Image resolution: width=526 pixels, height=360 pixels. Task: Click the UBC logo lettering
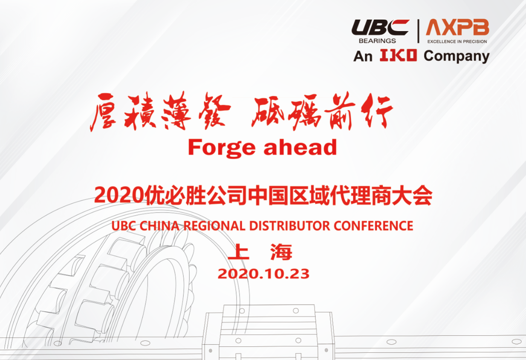(380, 28)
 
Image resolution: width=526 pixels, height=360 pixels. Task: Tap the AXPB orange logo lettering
(457, 27)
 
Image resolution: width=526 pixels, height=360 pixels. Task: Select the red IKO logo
(398, 55)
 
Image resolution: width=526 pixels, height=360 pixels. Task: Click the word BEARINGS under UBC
(377, 41)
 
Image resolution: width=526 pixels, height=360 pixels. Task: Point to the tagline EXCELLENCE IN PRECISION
(457, 42)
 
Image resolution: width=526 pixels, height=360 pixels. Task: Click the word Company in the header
(457, 56)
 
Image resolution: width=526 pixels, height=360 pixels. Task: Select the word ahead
(301, 147)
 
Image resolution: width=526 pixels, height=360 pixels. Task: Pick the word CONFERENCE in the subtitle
(373, 226)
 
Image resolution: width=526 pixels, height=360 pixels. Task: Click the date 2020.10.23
(263, 274)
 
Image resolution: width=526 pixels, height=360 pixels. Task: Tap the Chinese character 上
(239, 252)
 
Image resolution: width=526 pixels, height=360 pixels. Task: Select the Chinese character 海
(281, 252)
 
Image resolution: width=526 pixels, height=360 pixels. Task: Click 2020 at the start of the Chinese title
(119, 195)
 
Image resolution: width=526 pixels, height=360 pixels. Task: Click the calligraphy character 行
(377, 110)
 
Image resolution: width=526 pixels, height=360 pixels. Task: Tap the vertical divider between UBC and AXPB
(418, 31)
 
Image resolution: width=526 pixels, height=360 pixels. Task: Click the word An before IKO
(363, 57)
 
